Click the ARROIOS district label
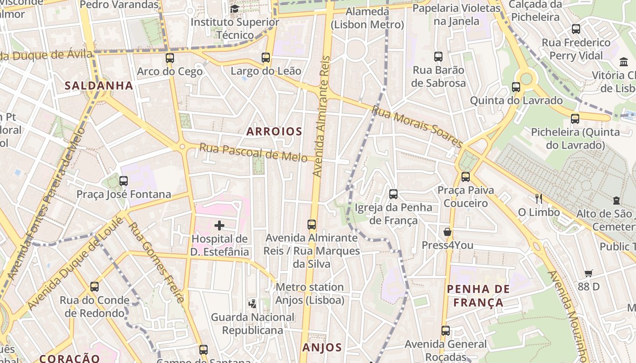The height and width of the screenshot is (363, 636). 274,132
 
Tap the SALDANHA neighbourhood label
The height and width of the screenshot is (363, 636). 99,85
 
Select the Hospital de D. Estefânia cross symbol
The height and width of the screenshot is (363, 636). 219,225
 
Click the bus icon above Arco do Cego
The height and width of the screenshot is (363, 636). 169,58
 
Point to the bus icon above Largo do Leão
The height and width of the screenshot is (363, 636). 266,58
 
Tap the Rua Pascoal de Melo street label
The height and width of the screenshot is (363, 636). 253,152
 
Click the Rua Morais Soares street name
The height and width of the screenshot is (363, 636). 417,126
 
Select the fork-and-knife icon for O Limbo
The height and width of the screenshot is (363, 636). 539,198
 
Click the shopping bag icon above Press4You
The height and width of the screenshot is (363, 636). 447,232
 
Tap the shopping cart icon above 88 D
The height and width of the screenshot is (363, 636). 589,273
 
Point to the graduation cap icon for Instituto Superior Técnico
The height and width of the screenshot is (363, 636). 234,9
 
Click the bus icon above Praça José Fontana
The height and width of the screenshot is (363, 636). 123,181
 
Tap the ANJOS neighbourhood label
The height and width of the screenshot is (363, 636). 322,348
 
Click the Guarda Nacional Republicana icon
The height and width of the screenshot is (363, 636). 252,304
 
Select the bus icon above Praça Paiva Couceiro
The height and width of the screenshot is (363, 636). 465,177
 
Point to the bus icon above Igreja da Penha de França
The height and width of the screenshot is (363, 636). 393,194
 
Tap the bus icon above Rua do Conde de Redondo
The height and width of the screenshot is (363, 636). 94,287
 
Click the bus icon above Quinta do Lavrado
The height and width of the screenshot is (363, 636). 516,87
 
